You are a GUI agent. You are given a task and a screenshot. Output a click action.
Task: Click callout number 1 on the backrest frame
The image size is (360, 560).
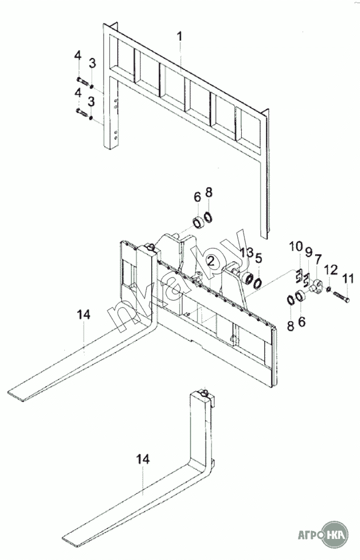179,38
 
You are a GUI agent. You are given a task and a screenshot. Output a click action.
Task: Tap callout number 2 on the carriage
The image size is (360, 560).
210,261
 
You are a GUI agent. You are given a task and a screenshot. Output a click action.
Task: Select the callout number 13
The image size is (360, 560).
245,253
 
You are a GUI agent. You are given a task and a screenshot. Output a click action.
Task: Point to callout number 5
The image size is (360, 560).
258,258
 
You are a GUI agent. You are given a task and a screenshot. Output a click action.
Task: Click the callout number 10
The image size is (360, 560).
296,247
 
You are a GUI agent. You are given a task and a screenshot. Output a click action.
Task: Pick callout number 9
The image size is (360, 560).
308,251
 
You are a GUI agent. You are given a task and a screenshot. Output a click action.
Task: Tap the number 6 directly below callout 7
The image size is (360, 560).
301,322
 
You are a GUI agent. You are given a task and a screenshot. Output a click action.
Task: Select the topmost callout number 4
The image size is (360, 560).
77,55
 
